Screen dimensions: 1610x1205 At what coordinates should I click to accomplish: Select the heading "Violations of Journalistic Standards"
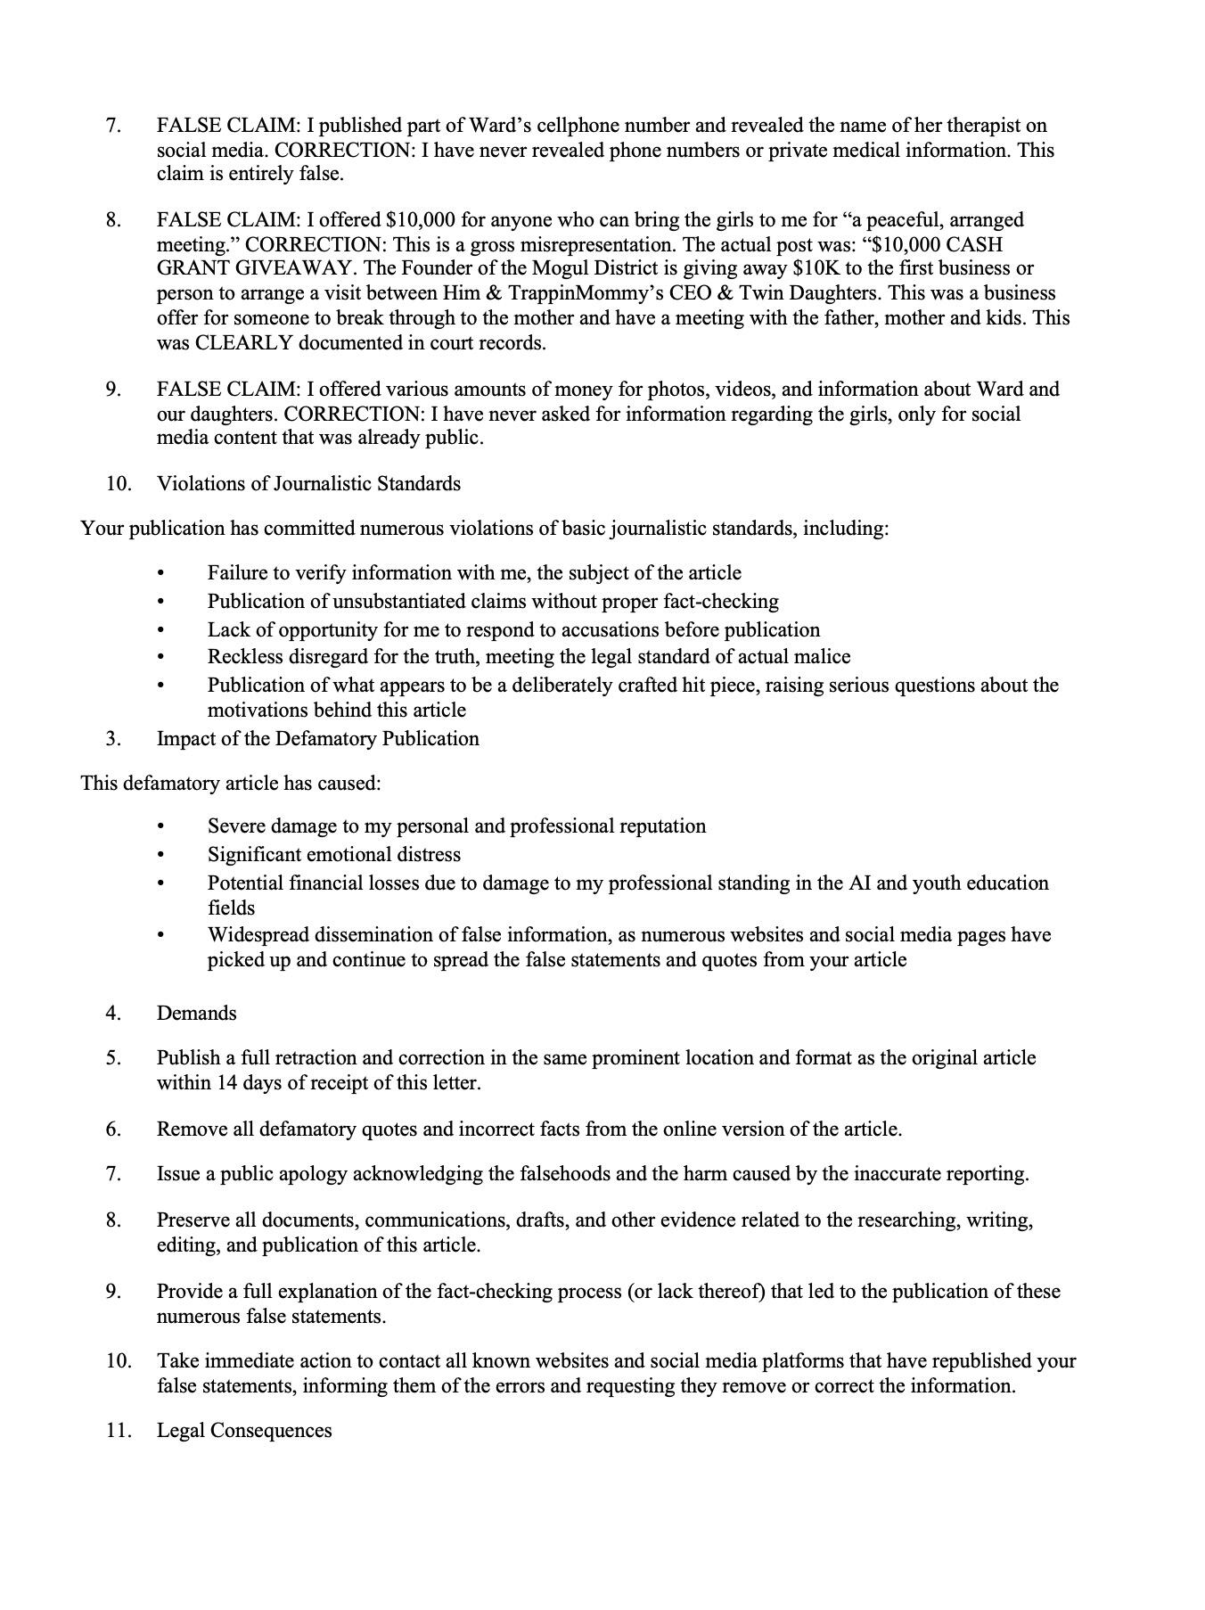pos(308,484)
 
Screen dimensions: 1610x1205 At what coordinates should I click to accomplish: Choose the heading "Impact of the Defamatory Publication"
pos(317,739)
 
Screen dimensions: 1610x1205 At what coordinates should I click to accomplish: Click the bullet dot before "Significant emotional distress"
pos(160,855)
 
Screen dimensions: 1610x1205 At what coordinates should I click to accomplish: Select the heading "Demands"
pos(197,1014)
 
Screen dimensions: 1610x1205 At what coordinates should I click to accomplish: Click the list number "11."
pos(119,1431)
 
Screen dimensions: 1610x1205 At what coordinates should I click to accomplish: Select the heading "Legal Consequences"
pos(244,1431)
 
